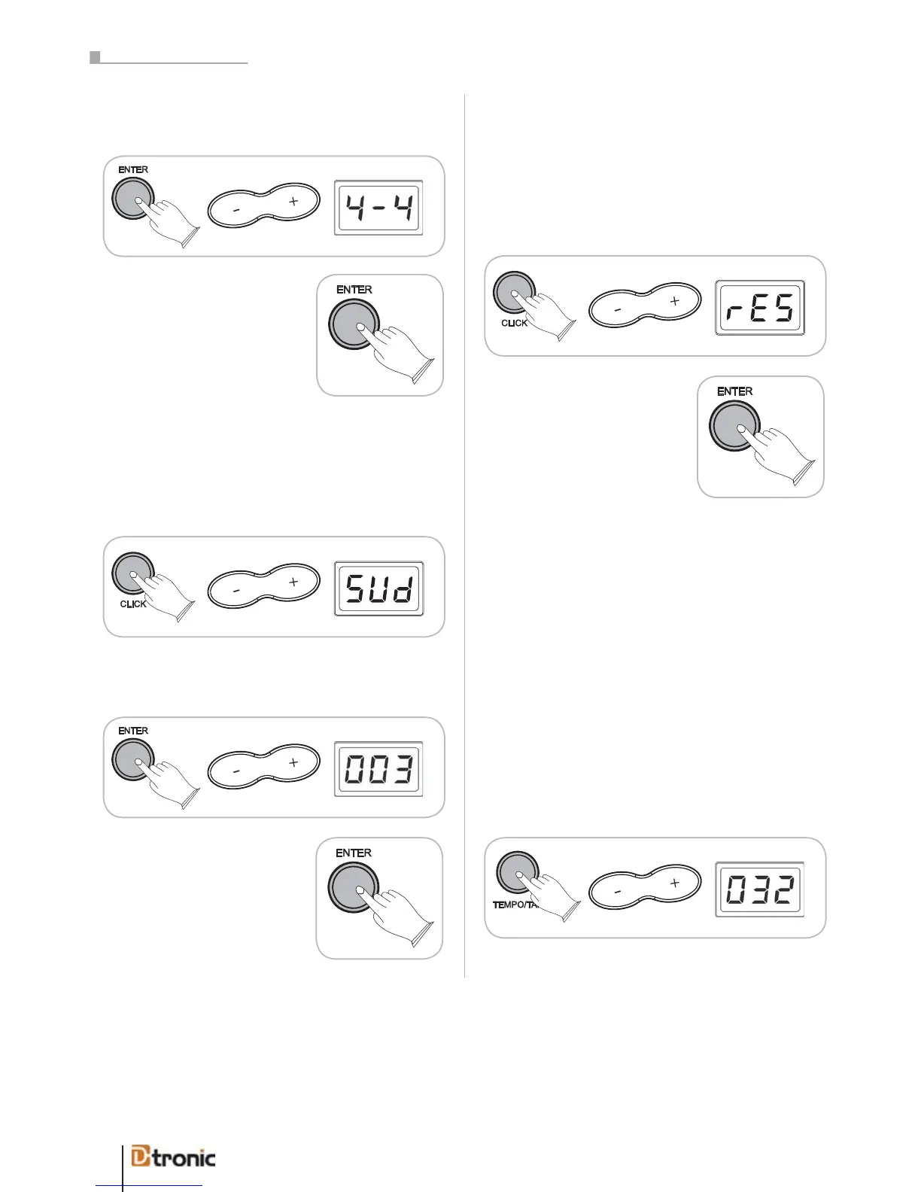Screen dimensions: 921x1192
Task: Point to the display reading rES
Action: click(760, 308)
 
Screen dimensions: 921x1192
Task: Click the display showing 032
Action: click(760, 889)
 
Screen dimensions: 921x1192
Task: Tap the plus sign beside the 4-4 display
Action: click(293, 202)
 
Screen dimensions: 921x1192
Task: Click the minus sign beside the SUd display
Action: click(236, 591)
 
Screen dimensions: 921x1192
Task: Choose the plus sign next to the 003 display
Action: click(293, 762)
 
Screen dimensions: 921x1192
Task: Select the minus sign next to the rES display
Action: click(618, 310)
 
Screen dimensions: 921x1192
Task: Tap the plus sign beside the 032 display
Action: click(675, 883)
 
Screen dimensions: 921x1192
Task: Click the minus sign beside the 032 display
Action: click(618, 892)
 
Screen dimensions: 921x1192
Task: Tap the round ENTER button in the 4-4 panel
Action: click(133, 199)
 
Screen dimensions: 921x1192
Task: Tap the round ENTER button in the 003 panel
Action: click(133, 759)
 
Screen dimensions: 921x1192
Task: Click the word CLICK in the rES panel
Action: click(514, 323)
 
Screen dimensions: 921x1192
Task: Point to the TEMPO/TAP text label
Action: click(515, 905)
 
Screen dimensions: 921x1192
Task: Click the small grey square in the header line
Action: click(95, 57)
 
